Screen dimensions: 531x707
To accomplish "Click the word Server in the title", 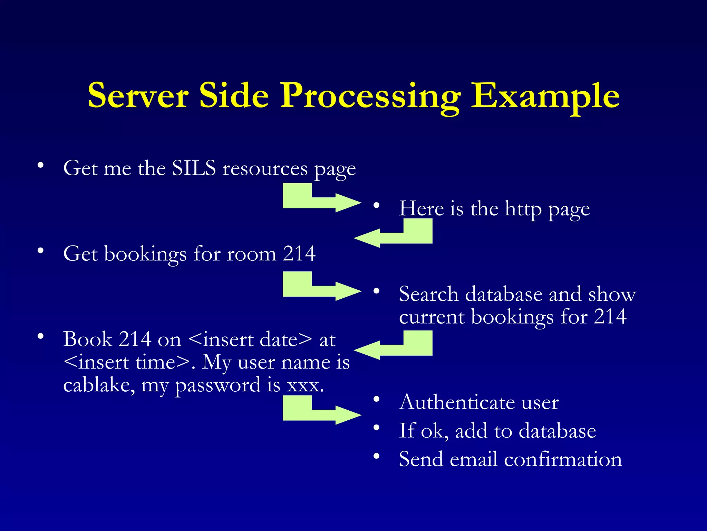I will pos(138,95).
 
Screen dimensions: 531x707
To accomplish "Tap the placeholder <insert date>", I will pos(250,339).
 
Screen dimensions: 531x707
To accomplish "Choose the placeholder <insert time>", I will pos(127,362).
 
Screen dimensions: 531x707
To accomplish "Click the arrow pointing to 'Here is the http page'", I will pos(321,198).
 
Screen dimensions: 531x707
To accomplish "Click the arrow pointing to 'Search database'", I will pos(321,287).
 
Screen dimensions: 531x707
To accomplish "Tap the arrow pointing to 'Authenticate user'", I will pos(321,411).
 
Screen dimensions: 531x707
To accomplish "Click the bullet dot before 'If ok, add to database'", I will pos(376,428).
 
